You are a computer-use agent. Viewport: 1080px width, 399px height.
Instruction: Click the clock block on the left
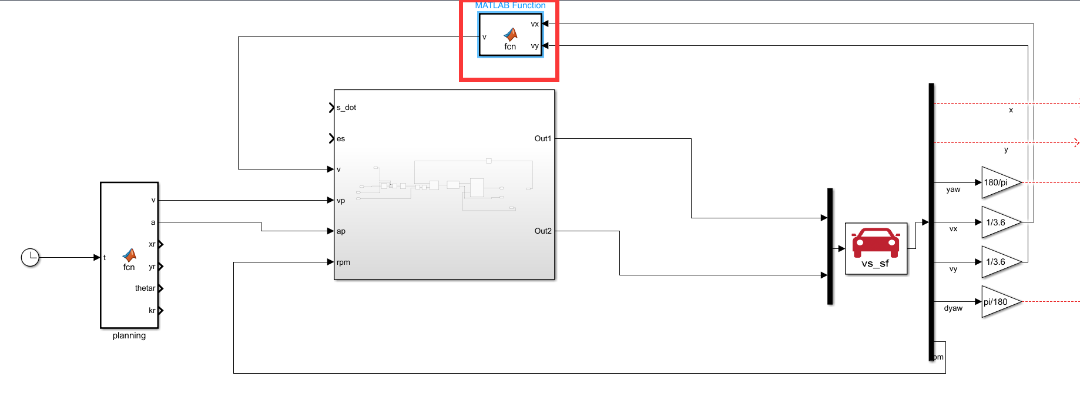click(x=30, y=257)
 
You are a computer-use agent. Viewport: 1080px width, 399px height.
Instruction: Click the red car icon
click(x=876, y=242)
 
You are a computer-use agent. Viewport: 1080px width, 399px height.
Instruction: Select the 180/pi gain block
click(x=999, y=182)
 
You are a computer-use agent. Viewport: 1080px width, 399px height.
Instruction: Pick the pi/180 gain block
click(x=999, y=302)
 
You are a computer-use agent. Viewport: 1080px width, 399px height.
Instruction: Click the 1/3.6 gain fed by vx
click(x=999, y=222)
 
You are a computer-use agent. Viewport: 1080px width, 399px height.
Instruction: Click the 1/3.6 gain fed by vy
click(x=999, y=262)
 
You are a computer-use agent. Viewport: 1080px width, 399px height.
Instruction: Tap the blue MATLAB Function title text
click(x=510, y=5)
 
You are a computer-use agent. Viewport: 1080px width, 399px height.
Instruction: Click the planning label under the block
click(x=129, y=335)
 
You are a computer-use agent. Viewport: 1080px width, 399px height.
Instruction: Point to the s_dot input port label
click(x=347, y=108)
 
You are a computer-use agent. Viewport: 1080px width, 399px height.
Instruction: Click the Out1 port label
click(x=542, y=139)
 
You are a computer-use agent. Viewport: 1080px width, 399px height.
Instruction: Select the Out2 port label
click(x=542, y=231)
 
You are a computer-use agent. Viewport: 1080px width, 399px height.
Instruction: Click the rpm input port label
click(x=343, y=262)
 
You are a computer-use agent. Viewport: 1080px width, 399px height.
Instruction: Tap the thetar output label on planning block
click(x=145, y=288)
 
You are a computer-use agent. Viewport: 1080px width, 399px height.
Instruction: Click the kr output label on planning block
click(x=152, y=311)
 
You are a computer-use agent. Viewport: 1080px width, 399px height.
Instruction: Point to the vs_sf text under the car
click(x=875, y=264)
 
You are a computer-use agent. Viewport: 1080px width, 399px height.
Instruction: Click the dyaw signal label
click(x=953, y=308)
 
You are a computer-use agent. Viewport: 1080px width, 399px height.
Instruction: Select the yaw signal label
click(x=953, y=189)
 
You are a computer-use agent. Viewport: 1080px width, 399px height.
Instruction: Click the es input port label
click(x=341, y=139)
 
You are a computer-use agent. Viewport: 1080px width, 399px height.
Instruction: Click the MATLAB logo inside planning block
click(x=129, y=255)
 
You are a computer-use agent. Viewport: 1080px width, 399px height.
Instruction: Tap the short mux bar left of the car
click(x=830, y=246)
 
